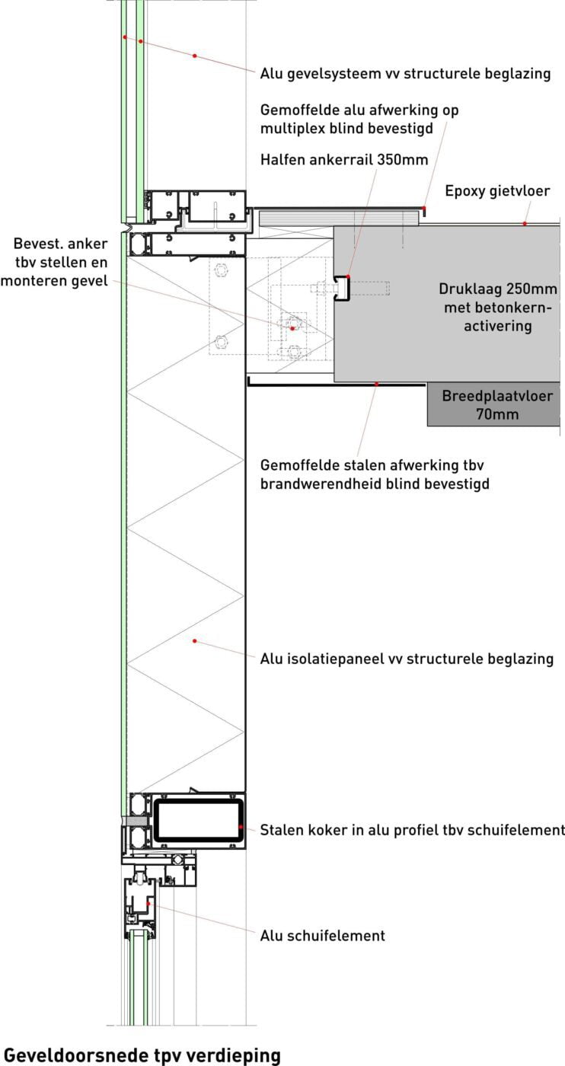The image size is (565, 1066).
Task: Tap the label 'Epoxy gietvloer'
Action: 497,191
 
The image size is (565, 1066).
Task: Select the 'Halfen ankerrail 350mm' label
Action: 344,159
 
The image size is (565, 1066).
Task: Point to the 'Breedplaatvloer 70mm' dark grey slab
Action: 493,404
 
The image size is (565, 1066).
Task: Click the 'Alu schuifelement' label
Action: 322,936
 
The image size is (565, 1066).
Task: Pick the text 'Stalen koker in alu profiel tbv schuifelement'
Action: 412,830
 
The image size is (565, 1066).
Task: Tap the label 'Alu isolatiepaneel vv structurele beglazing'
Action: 407,659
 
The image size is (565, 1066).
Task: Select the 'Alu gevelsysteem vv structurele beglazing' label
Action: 405,74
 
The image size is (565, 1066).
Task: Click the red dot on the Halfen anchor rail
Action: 349,276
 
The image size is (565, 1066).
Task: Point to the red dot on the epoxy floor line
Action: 525,223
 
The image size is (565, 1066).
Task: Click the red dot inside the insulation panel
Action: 195,641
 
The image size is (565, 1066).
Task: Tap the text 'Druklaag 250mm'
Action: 497,289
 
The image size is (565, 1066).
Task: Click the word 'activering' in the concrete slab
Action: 498,326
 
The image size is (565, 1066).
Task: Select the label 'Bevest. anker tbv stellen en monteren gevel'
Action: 54,262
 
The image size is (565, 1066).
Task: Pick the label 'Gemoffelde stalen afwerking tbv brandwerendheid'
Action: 375,474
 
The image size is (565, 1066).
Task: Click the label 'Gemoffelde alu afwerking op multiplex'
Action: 359,119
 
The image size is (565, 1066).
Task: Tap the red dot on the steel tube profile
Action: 241,827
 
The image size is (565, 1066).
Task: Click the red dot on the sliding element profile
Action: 148,903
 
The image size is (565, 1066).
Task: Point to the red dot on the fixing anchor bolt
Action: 292,328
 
